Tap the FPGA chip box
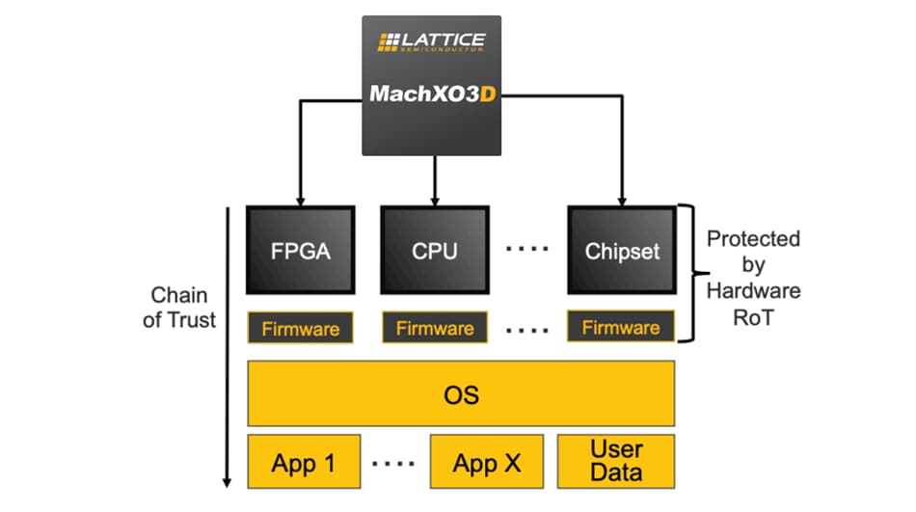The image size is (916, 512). click(x=300, y=251)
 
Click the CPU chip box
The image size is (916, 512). click(x=435, y=251)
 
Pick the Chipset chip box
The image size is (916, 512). click(x=622, y=251)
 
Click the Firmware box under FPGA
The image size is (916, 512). click(x=300, y=328)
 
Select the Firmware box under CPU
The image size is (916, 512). click(x=435, y=328)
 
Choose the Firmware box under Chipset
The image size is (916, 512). click(x=621, y=328)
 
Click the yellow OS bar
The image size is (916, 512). click(x=461, y=394)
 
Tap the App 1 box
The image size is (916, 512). click(x=304, y=462)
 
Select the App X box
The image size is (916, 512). click(x=487, y=462)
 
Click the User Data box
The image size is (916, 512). click(x=617, y=462)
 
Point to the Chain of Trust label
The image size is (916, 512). click(x=179, y=308)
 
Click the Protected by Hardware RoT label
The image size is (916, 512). click(x=753, y=277)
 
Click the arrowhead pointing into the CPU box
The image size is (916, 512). click(x=436, y=198)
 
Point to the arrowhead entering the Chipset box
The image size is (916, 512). click(x=622, y=198)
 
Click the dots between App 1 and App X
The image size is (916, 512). click(x=394, y=463)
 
